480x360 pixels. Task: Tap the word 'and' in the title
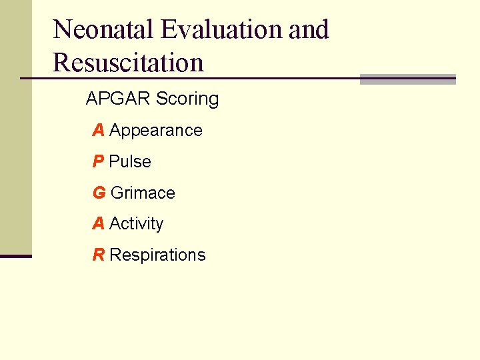309,30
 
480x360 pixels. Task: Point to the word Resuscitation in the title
128,63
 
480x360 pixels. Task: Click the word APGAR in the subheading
117,99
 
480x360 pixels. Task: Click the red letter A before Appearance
98,131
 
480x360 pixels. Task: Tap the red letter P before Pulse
98,162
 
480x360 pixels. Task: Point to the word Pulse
130,162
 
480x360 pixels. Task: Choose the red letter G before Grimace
99,193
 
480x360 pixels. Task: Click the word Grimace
143,193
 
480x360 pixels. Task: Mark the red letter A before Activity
98,224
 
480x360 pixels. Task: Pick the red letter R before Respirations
98,255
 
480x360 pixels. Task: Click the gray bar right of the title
407,79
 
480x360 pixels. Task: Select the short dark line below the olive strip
15,256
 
